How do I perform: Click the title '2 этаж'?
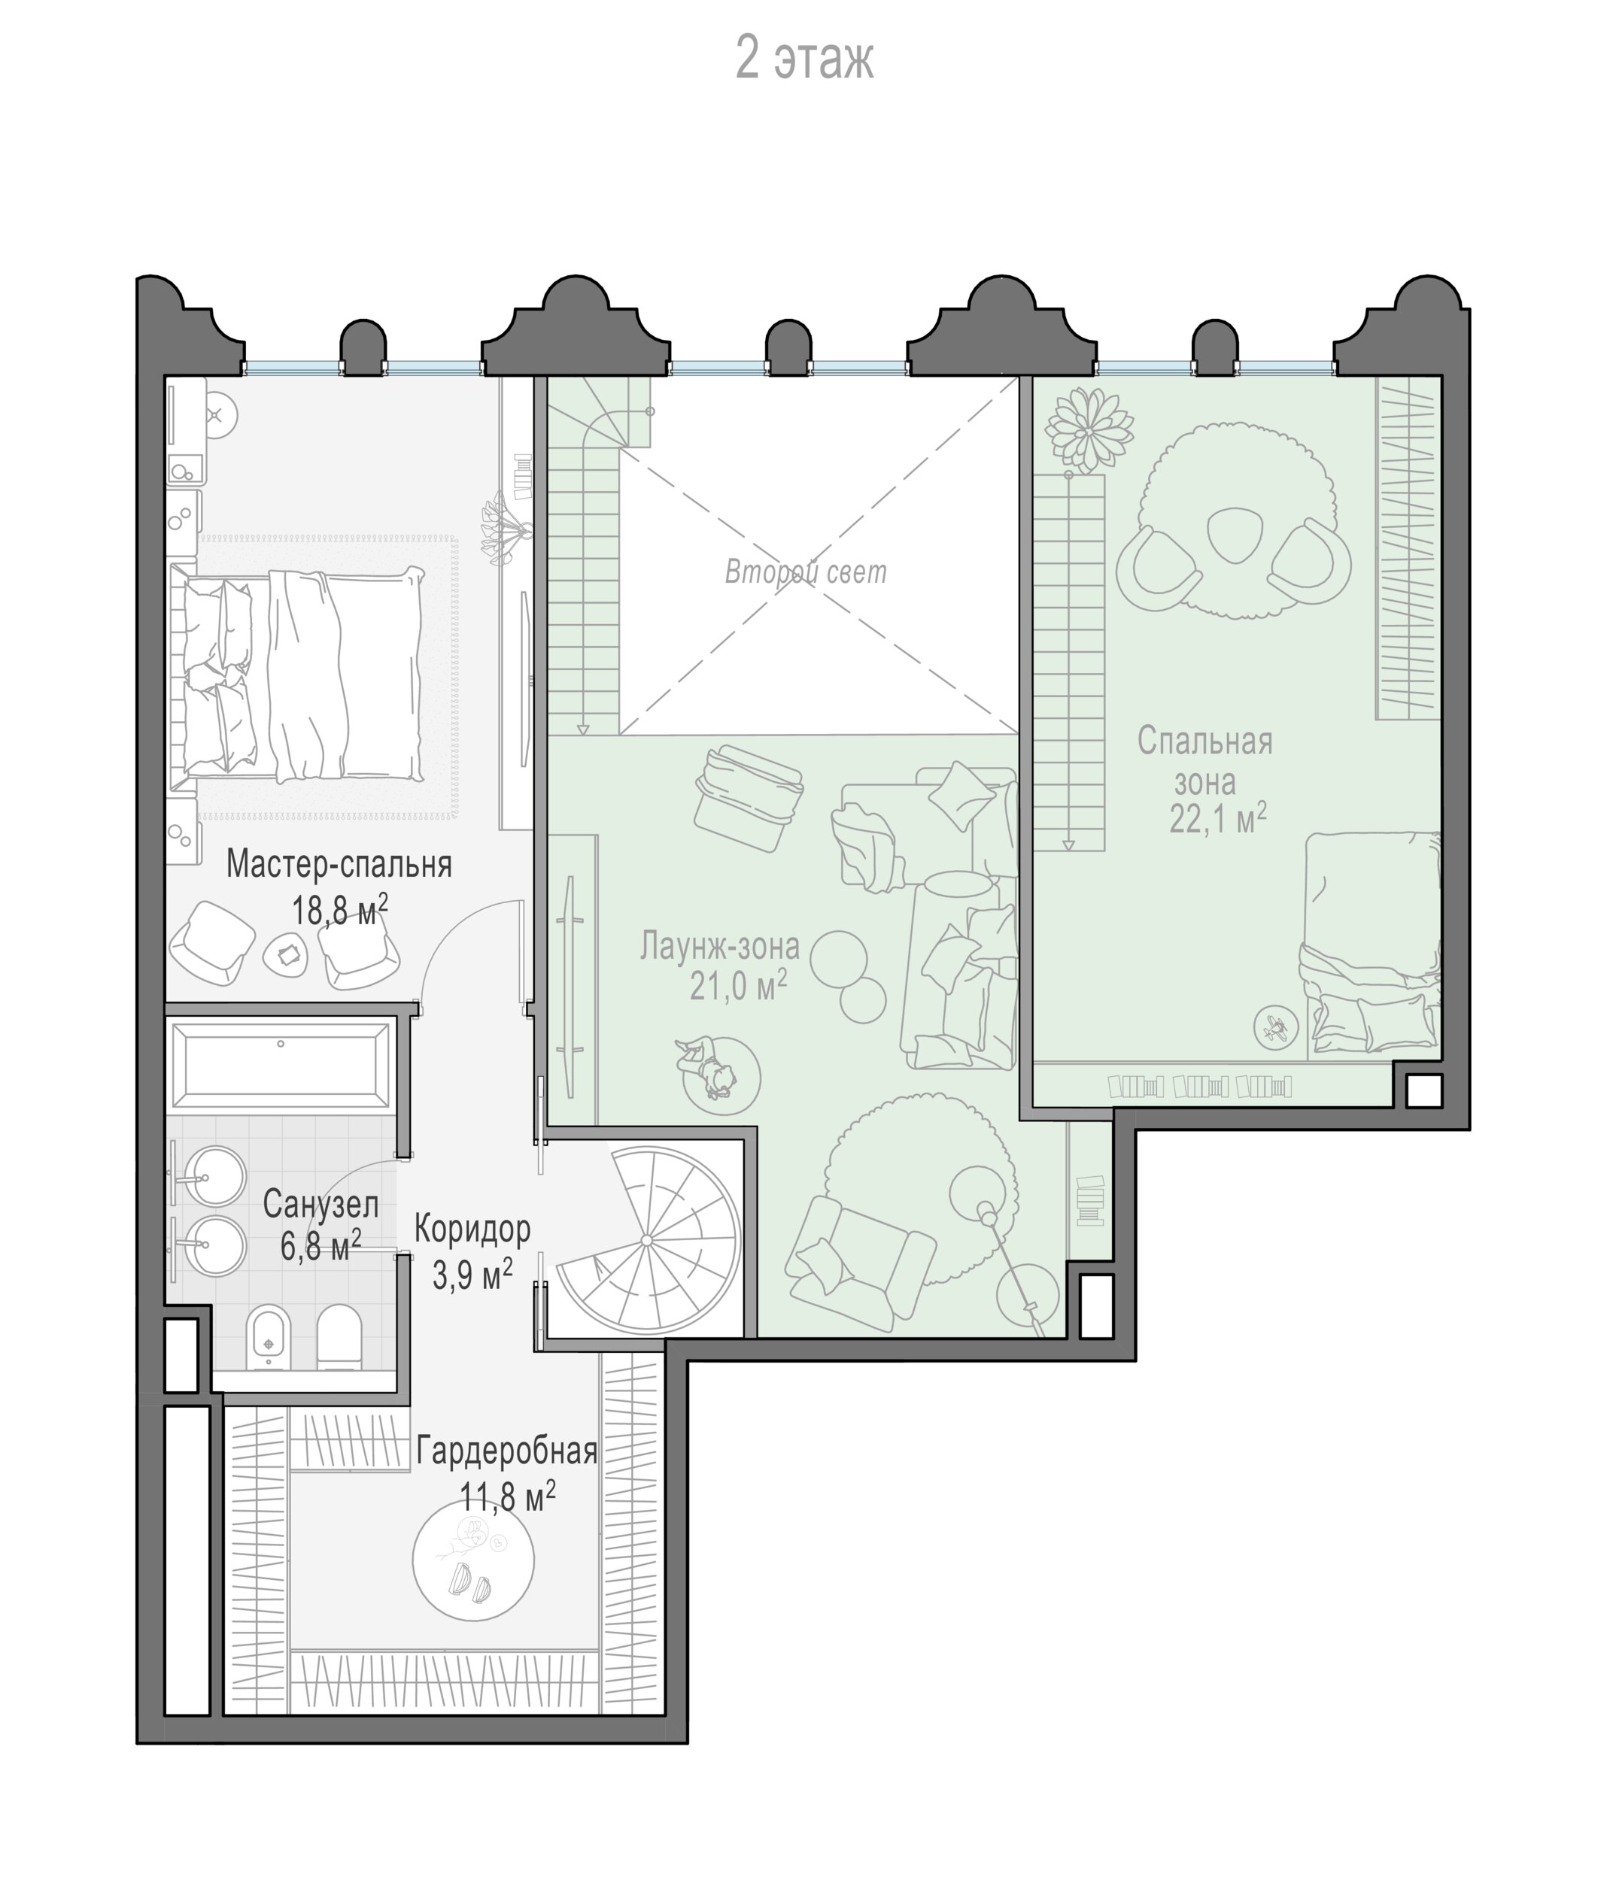(804, 60)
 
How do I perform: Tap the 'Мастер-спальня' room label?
(339, 865)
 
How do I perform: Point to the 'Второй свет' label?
(805, 572)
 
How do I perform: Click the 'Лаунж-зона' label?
(720, 946)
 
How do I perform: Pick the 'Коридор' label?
(472, 1230)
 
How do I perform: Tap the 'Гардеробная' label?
(506, 1452)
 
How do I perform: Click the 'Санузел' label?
(320, 1205)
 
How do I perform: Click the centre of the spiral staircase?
(646, 1240)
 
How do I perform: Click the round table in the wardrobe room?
(472, 1560)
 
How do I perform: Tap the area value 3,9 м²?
(472, 1273)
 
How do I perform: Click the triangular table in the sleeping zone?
(1235, 535)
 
